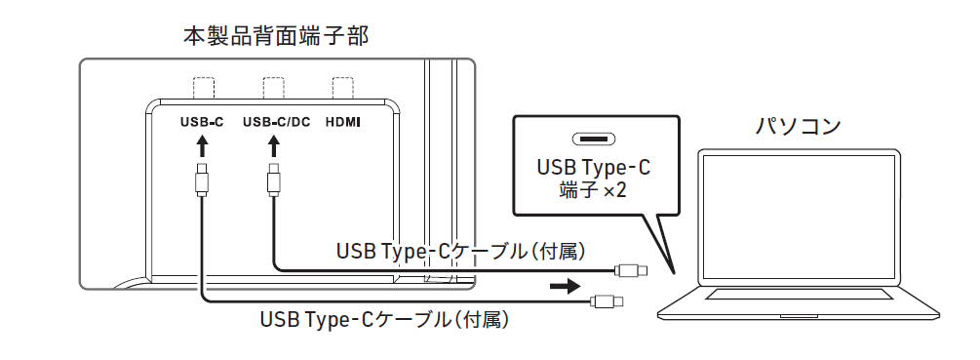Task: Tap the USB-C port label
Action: coord(202,123)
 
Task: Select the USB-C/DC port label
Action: coord(276,123)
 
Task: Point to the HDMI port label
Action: coord(342,123)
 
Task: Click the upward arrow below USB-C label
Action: coord(202,145)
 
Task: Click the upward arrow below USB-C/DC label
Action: coord(274,145)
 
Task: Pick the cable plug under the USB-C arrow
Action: coord(202,180)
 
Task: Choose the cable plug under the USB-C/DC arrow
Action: coord(274,180)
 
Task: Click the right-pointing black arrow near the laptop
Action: coord(565,287)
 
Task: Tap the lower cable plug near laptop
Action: coord(607,301)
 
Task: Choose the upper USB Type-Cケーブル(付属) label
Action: coord(460,252)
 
